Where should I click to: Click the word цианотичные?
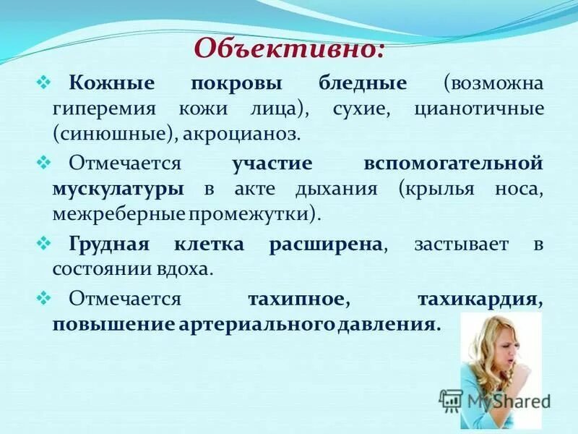(x=479, y=109)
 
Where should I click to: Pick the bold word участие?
(x=272, y=163)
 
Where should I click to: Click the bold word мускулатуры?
(x=117, y=189)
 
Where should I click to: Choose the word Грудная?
(x=108, y=244)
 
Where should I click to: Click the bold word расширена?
(x=325, y=244)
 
